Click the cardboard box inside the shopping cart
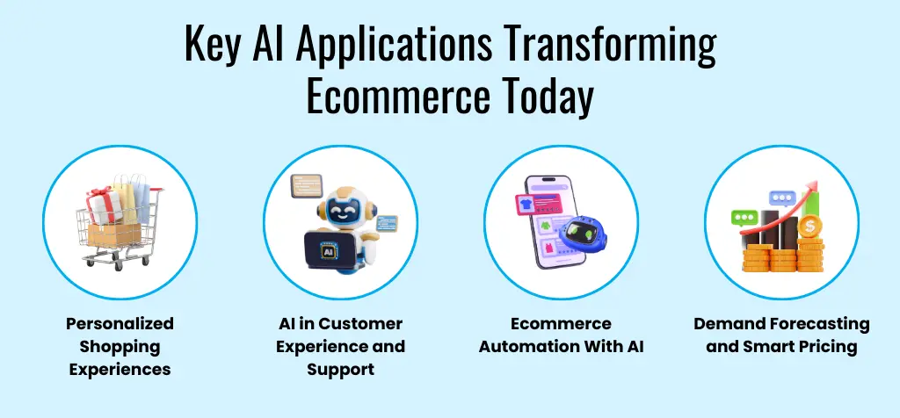pyautogui.click(x=113, y=234)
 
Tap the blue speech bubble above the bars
pyautogui.click(x=782, y=198)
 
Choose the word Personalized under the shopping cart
pyautogui.click(x=120, y=324)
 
